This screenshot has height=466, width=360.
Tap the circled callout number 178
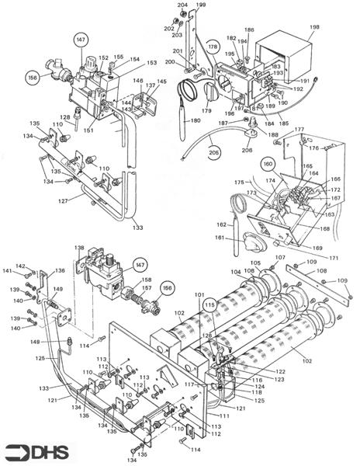click(213, 48)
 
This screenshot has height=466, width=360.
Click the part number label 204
click(182, 5)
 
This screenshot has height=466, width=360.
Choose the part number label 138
click(78, 248)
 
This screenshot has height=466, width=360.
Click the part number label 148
click(36, 341)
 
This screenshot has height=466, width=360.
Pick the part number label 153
click(151, 63)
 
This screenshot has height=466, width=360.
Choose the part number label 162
click(220, 224)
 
